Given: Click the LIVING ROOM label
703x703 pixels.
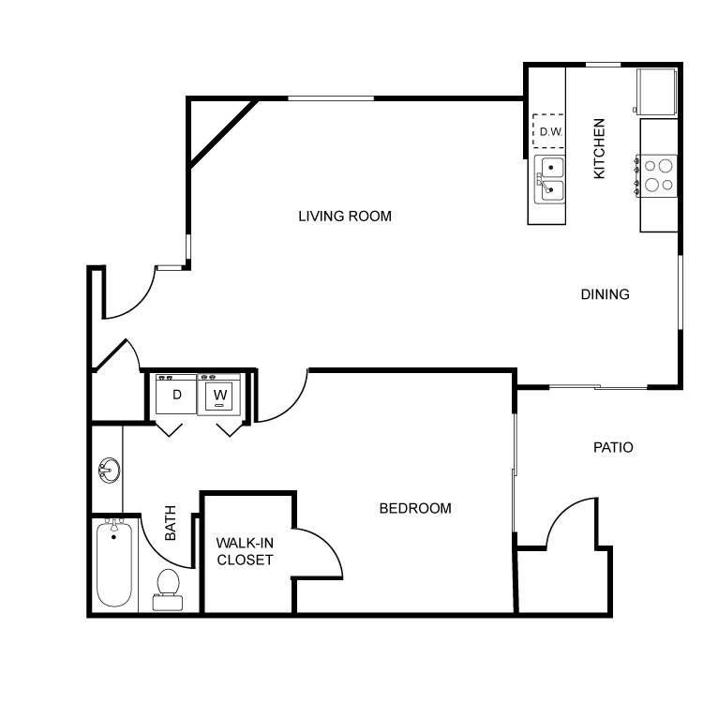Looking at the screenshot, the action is coord(345,217).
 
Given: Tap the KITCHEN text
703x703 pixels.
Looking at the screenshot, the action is coord(600,148).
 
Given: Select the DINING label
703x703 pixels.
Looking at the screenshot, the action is coord(605,294).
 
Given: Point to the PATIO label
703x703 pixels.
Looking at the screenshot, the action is coord(613,447).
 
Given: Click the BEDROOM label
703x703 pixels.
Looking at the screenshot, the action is coord(415,508).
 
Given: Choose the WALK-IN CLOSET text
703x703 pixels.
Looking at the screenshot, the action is coord(245,551).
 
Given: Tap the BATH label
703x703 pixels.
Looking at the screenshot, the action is coord(171,523).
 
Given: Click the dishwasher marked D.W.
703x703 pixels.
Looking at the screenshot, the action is coord(548,131).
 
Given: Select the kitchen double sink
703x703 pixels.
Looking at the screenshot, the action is coord(549,179).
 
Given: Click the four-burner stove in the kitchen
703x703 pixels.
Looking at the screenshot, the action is coord(657,176).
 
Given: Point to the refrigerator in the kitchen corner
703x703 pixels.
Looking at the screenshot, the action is coord(656,92).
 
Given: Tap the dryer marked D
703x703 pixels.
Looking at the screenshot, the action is coord(176,395).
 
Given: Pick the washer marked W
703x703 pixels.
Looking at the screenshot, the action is coord(219,395).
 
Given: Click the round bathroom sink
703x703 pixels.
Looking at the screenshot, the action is coord(109,470).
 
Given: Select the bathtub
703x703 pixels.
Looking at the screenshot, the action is coord(114,563).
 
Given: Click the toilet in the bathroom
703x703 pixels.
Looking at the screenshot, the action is coord(168,590).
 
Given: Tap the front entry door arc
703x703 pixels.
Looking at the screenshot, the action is coord(141,304).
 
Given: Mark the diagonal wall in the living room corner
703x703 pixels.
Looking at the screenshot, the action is coord(224,133).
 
